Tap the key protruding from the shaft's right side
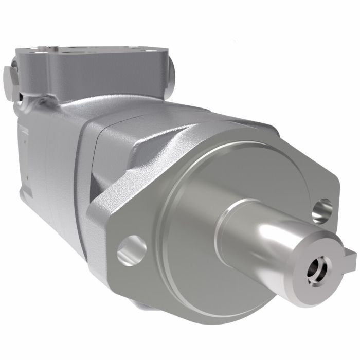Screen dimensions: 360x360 pyautogui.click(x=350, y=256)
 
